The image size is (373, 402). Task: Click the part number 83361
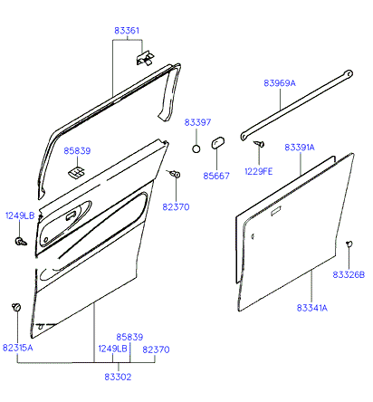[x=127, y=31]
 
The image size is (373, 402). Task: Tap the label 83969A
[x=280, y=83]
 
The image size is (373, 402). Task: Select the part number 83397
[x=197, y=122]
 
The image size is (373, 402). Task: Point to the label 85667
[x=216, y=176]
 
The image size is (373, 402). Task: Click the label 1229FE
[x=259, y=171]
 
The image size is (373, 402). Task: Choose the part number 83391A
[x=300, y=148]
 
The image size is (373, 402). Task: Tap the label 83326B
[x=349, y=274]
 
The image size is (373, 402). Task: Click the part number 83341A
[x=312, y=308]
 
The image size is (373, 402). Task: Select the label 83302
[x=118, y=377]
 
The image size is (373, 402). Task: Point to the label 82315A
[x=18, y=348]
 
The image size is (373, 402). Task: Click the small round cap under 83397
[x=196, y=148]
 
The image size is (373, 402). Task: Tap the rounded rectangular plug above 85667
[x=217, y=143]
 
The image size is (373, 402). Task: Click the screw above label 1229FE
[x=259, y=144]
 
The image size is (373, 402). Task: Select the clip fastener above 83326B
[x=349, y=244]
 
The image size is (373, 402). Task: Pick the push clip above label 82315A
[x=16, y=307]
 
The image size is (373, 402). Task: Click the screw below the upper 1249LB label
[x=20, y=241]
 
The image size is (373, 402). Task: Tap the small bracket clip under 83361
[x=145, y=57]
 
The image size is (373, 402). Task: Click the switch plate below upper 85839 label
[x=76, y=173]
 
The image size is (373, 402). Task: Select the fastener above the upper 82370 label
[x=175, y=174]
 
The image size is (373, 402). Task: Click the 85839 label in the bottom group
[x=129, y=337]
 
